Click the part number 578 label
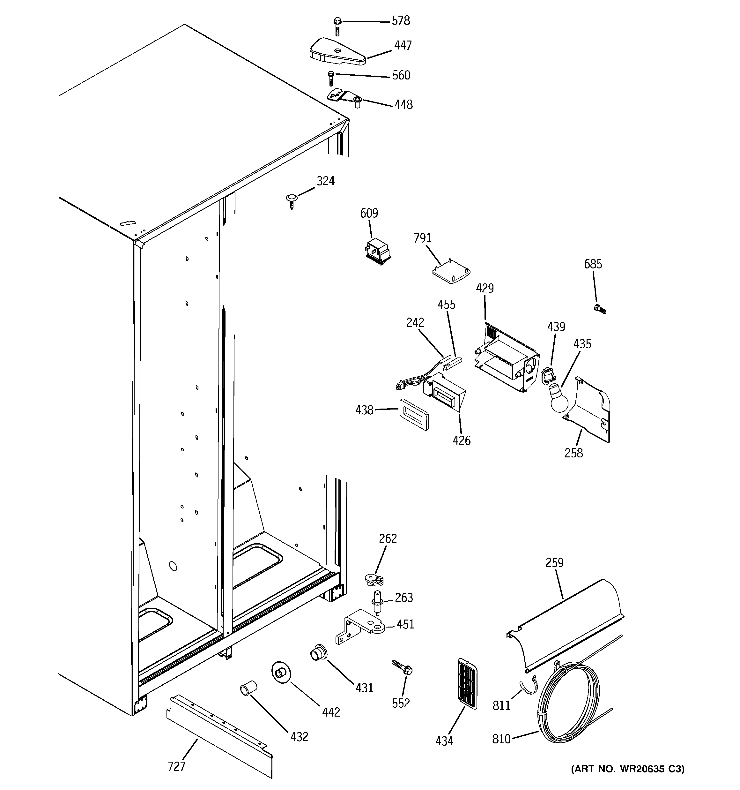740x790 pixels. click(401, 21)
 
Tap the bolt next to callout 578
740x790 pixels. click(337, 26)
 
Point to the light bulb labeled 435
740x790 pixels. click(558, 396)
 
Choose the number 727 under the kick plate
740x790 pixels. click(176, 766)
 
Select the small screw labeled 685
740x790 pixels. click(599, 309)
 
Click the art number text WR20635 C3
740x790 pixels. click(628, 780)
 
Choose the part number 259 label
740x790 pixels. click(554, 563)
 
